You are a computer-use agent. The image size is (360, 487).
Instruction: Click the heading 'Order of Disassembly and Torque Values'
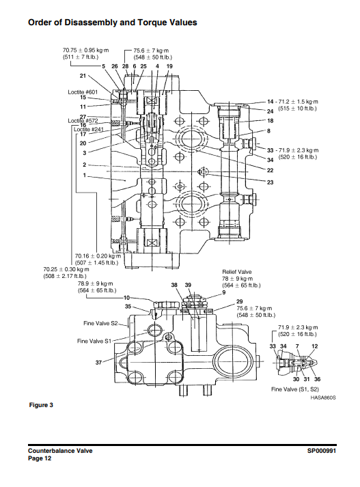pyautogui.click(x=113, y=23)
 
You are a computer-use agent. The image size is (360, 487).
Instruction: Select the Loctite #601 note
pyautogui.click(x=83, y=92)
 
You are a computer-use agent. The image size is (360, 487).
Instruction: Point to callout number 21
pyautogui.click(x=83, y=76)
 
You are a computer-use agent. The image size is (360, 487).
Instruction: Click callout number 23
pyautogui.click(x=271, y=182)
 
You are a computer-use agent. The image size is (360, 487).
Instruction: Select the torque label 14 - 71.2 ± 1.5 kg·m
pyautogui.click(x=293, y=101)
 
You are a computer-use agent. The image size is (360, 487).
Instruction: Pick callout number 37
pyautogui.click(x=98, y=361)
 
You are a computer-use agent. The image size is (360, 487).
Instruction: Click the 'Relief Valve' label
pyautogui.click(x=236, y=271)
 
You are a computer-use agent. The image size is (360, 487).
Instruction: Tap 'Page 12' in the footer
pyautogui.click(x=40, y=458)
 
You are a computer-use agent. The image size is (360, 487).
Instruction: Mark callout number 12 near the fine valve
pyautogui.click(x=315, y=347)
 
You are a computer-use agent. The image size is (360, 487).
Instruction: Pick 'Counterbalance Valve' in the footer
pyautogui.click(x=60, y=451)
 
